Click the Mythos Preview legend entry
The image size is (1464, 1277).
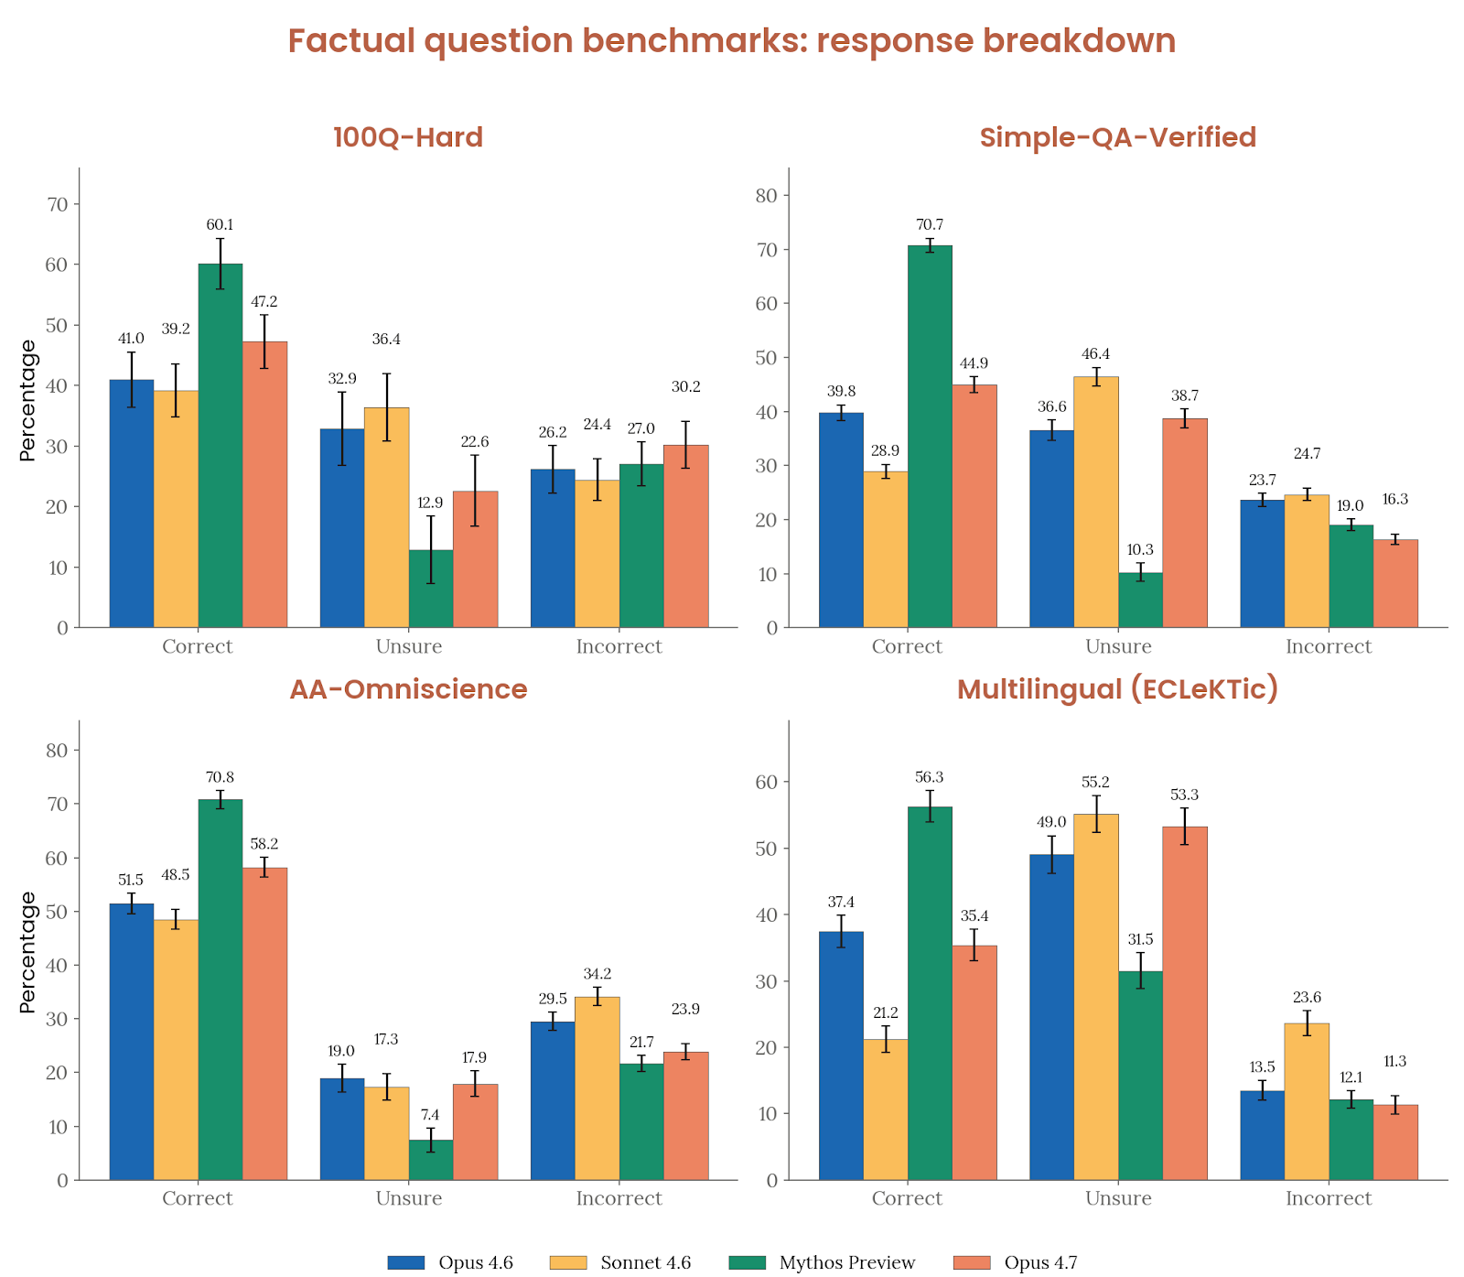point(846,1262)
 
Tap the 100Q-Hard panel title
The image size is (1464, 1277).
point(408,137)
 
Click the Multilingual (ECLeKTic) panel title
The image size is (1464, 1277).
point(1117,689)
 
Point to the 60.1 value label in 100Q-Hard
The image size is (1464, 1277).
point(220,224)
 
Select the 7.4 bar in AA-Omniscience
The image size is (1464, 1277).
point(431,1159)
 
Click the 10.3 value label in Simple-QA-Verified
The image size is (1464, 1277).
point(1140,549)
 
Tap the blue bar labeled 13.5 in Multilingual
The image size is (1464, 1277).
point(1262,1135)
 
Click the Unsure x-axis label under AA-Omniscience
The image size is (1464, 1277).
point(408,1198)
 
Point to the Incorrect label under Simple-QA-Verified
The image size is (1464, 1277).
point(1328,646)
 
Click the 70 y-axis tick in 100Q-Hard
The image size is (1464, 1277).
point(58,204)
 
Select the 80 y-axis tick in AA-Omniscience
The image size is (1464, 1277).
point(58,750)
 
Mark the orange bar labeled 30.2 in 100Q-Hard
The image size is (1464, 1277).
point(685,536)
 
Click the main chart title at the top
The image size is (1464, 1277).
point(732,41)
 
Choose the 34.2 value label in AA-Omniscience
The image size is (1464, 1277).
point(597,973)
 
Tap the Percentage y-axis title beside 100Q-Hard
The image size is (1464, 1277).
point(27,400)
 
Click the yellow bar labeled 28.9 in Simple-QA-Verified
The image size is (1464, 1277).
point(886,549)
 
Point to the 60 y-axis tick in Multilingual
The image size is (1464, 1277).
point(767,782)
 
